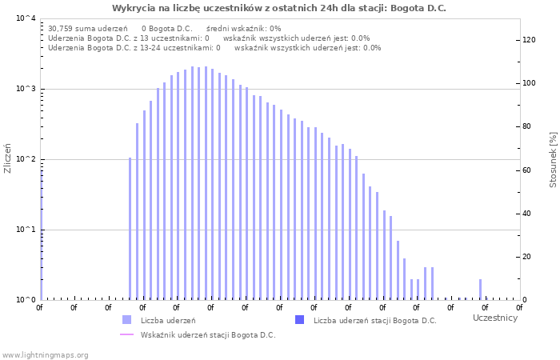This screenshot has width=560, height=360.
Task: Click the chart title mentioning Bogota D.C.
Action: pyautogui.click(x=279, y=8)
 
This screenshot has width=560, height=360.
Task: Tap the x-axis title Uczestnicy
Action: pyautogui.click(x=494, y=318)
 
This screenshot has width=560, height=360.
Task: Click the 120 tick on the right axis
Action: pyautogui.click(x=529, y=40)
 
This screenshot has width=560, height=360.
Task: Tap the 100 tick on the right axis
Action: pyautogui.click(x=529, y=83)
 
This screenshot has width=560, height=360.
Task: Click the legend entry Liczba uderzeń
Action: pyautogui.click(x=168, y=320)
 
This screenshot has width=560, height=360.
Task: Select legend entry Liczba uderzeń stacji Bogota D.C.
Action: pyautogui.click(x=374, y=320)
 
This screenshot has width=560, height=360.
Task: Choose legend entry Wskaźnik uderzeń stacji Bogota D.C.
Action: pyautogui.click(x=207, y=334)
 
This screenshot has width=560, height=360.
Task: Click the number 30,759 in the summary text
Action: pyautogui.click(x=61, y=28)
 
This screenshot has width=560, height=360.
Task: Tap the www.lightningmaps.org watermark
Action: pyautogui.click(x=46, y=354)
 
